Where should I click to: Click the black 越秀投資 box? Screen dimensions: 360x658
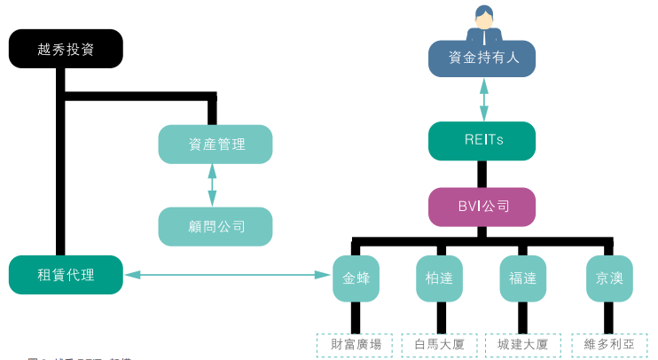(66, 49)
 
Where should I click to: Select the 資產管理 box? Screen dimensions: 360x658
(215, 144)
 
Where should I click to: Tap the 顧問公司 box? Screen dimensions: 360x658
(215, 226)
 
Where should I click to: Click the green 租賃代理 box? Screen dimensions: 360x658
(66, 274)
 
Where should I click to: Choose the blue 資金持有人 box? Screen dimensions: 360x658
(482, 59)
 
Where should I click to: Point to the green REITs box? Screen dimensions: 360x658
(482, 140)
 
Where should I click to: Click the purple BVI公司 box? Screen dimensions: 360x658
(482, 207)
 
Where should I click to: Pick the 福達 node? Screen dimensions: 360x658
(522, 278)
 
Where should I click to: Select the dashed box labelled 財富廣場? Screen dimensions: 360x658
(355, 344)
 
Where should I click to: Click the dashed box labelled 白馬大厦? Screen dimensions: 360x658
(439, 344)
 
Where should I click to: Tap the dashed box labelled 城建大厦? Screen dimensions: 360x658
(522, 344)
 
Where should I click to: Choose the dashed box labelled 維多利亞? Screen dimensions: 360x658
(609, 344)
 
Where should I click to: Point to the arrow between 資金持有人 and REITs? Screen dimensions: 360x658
(484, 99)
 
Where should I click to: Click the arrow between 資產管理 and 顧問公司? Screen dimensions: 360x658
(212, 184)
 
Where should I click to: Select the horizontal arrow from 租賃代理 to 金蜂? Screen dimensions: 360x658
(227, 275)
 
